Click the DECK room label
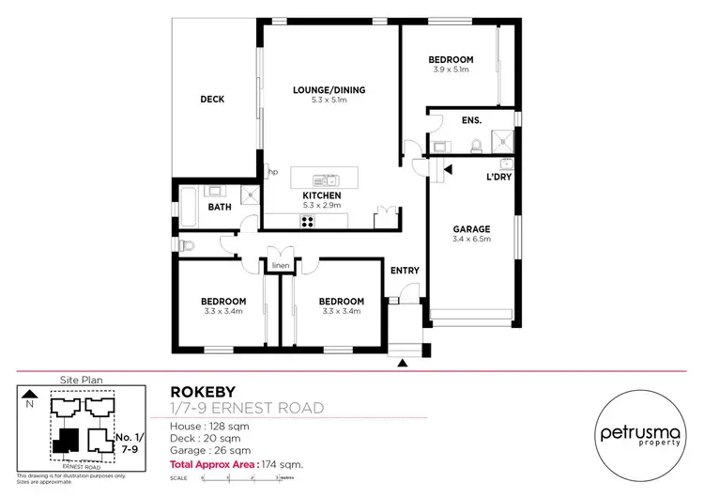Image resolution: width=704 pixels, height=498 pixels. pyautogui.click(x=212, y=100)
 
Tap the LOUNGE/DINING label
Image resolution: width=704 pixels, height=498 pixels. pyautogui.click(x=329, y=90)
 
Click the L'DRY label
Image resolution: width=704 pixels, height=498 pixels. pyautogui.click(x=497, y=178)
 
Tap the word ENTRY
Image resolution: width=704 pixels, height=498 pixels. pyautogui.click(x=405, y=271)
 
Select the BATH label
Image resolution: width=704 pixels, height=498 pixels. pyautogui.click(x=220, y=206)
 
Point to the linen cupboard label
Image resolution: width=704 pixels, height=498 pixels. pyautogui.click(x=280, y=266)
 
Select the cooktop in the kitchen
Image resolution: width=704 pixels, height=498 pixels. pyautogui.click(x=307, y=222)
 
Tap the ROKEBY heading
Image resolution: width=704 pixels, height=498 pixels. pyautogui.click(x=197, y=391)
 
